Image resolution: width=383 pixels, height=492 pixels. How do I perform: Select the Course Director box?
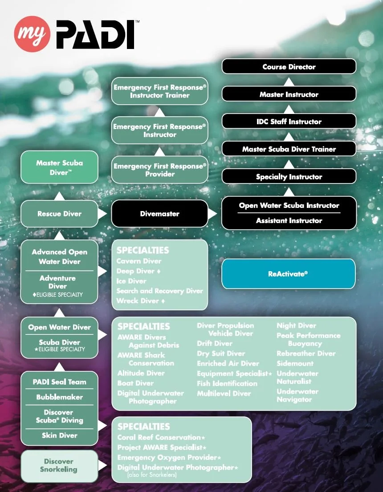click(x=289, y=67)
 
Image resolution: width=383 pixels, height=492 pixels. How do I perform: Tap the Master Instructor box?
click(x=289, y=94)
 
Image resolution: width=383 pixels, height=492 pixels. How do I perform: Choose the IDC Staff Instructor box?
click(x=289, y=122)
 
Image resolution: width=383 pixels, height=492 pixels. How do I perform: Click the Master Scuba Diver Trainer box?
click(x=289, y=149)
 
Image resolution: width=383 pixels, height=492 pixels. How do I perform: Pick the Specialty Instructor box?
click(x=289, y=177)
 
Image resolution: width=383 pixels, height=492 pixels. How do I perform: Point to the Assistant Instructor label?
click(x=289, y=221)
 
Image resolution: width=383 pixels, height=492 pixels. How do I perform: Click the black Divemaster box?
click(x=159, y=214)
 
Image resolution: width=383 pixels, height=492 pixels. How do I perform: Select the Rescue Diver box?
click(x=59, y=214)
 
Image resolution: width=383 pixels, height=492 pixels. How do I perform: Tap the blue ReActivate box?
click(x=288, y=274)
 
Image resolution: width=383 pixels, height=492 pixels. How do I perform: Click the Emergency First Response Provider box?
click(x=159, y=170)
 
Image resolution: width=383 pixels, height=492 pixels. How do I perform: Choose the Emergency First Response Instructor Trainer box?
click(x=159, y=91)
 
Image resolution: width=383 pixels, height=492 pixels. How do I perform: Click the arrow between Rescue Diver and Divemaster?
click(x=103, y=214)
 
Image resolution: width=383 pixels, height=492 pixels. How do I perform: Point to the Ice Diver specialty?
click(x=131, y=281)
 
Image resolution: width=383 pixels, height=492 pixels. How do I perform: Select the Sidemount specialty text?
click(x=295, y=363)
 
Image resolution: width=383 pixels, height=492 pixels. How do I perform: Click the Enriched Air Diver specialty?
click(x=228, y=364)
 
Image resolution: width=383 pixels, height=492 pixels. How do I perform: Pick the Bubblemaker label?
click(x=59, y=397)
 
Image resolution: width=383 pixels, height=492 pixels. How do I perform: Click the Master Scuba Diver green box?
click(x=59, y=167)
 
